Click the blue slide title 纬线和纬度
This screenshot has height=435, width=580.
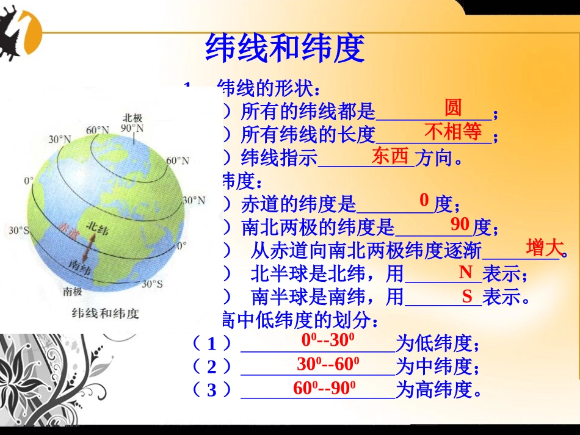[x=285, y=48]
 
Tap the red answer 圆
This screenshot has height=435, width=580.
[x=452, y=108]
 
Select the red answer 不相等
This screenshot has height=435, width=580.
[x=452, y=131]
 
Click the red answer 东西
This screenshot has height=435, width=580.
[x=390, y=156]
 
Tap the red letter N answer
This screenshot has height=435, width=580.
[x=466, y=272]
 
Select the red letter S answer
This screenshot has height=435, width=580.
[x=467, y=297]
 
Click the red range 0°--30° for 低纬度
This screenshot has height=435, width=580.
[x=329, y=340]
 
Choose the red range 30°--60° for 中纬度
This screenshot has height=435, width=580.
[x=328, y=364]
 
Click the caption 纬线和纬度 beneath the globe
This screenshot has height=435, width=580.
[x=105, y=313]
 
